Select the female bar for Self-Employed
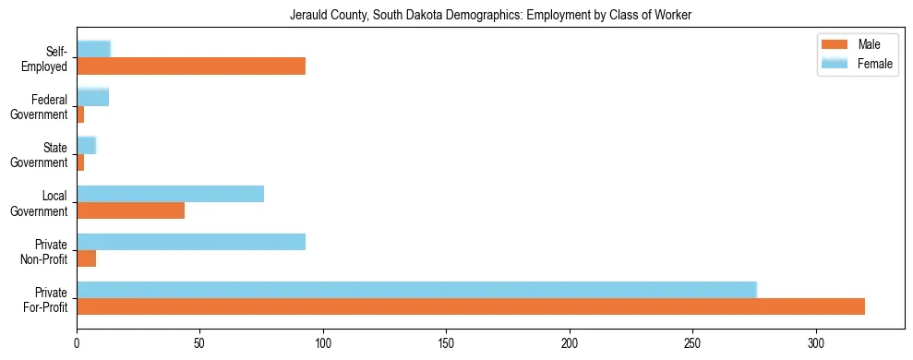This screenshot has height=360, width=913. (x=93, y=49)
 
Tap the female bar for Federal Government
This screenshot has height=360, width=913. (x=92, y=97)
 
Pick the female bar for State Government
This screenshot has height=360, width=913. (x=86, y=145)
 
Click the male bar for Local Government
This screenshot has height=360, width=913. (x=130, y=210)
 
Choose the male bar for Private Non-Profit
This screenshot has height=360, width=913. (x=86, y=258)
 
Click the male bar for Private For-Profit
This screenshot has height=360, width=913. (x=471, y=306)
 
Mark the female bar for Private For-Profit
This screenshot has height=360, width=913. (x=416, y=289)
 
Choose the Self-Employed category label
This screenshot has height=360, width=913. (x=48, y=58)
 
